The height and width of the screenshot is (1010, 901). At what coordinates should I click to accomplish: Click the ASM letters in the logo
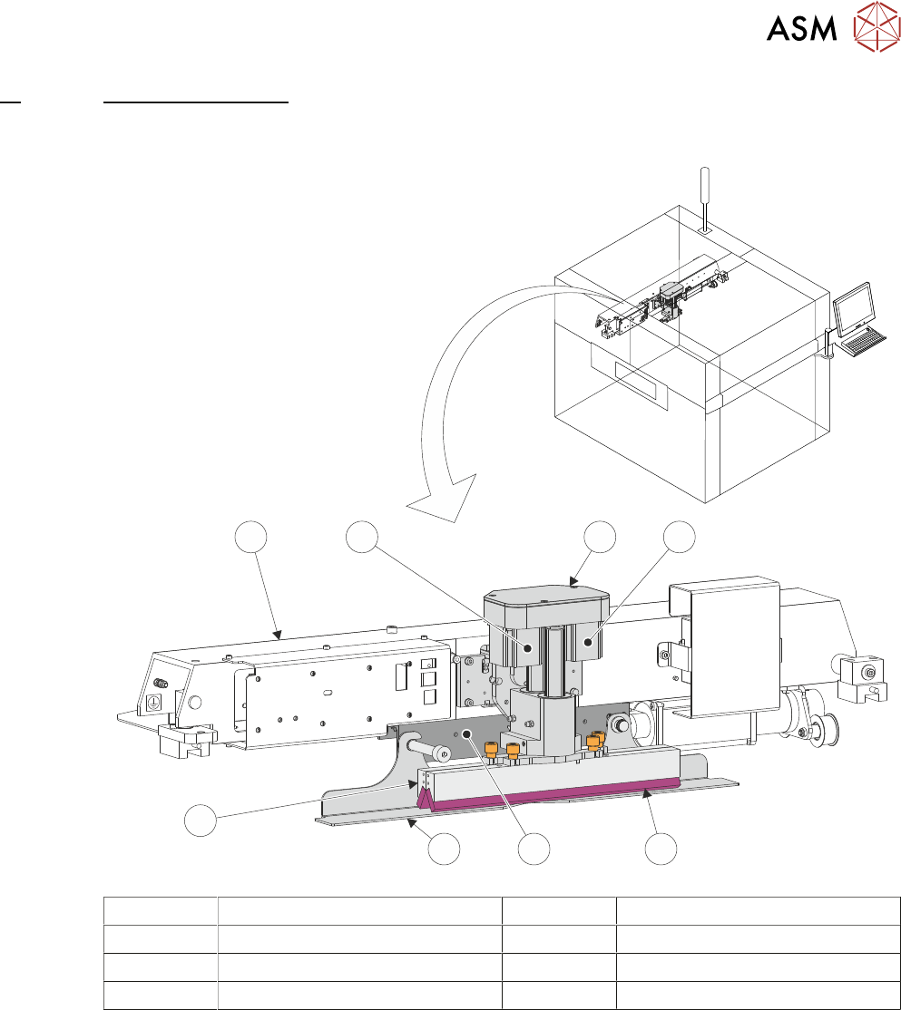[x=802, y=28]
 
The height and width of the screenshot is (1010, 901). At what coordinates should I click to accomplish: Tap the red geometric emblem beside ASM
[x=876, y=26]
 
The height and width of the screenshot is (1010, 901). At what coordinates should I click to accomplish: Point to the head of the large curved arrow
[x=446, y=499]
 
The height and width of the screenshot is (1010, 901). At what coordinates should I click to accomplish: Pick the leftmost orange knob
[x=491, y=750]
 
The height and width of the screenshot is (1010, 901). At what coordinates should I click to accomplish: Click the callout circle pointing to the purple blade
[x=661, y=849]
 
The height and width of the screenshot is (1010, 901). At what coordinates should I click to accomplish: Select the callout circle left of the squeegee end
[x=201, y=820]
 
